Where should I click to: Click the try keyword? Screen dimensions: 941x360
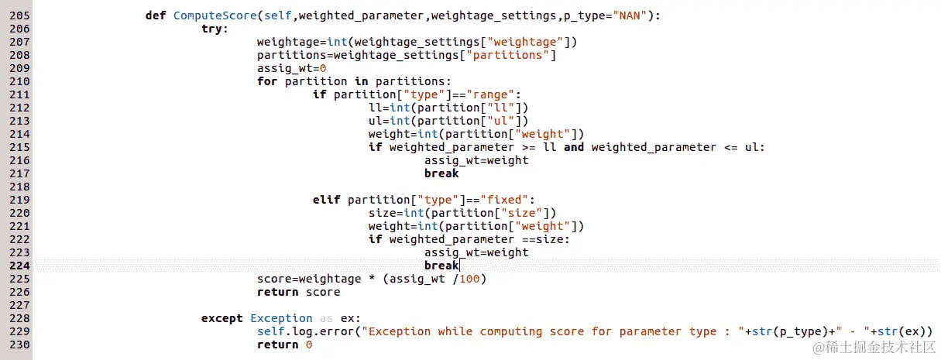point(215,29)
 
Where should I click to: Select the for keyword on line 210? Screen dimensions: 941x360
point(267,81)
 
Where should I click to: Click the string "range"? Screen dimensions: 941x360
point(483,94)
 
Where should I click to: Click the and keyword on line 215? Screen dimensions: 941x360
point(574,147)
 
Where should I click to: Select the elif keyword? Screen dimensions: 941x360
point(327,200)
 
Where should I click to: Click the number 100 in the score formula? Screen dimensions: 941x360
point(469,279)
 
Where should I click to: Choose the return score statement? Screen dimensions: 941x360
point(298,292)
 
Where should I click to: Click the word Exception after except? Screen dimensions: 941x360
point(281,318)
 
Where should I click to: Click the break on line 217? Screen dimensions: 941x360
point(441,173)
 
